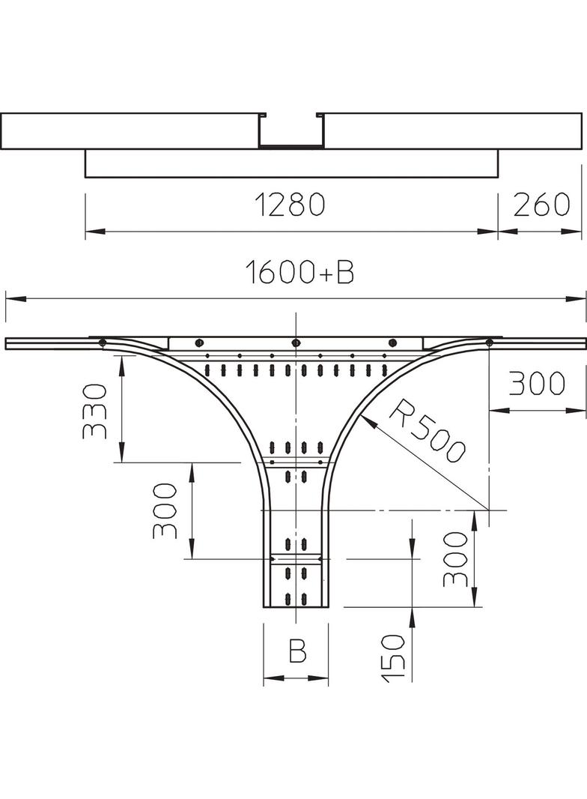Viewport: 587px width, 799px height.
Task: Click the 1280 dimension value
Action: [x=289, y=205]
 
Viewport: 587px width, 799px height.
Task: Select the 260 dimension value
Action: [x=541, y=205]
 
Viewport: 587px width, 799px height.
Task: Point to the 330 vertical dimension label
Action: [x=94, y=411]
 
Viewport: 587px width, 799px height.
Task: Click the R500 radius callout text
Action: [x=427, y=430]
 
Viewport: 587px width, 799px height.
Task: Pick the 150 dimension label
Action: [x=393, y=657]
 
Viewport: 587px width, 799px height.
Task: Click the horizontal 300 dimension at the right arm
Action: [x=537, y=384]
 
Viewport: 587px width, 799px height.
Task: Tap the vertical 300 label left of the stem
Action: [x=165, y=511]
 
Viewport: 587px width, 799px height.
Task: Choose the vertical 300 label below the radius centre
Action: [x=454, y=559]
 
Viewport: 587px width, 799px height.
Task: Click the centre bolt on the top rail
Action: [x=295, y=343]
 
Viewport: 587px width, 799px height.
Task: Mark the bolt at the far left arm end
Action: [x=102, y=342]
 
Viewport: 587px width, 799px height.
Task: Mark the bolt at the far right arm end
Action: [x=489, y=342]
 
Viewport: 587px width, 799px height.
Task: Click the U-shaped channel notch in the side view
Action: [x=291, y=131]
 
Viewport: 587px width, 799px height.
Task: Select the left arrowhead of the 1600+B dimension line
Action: [x=16, y=298]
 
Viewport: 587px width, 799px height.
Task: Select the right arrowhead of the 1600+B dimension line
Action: [x=576, y=298]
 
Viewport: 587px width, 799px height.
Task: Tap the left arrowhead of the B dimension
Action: [x=273, y=678]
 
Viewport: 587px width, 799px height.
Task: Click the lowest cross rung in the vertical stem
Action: [x=296, y=559]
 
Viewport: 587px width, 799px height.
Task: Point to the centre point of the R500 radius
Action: [x=488, y=510]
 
